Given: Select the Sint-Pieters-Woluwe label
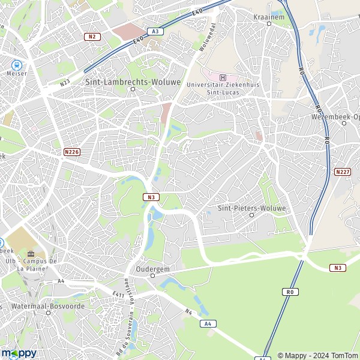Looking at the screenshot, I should tap(252, 208).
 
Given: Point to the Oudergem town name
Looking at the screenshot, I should tap(152, 269).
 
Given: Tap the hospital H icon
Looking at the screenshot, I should tap(223, 77).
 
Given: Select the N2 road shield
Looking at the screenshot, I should tap(92, 37).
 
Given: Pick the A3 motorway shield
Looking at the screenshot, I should tap(155, 31).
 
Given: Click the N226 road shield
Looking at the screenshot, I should tap(71, 152).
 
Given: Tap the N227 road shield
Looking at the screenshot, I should tap(342, 172).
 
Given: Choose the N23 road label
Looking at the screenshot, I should tap(65, 83).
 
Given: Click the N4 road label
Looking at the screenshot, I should tap(188, 311).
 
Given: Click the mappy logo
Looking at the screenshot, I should tap(19, 353).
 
